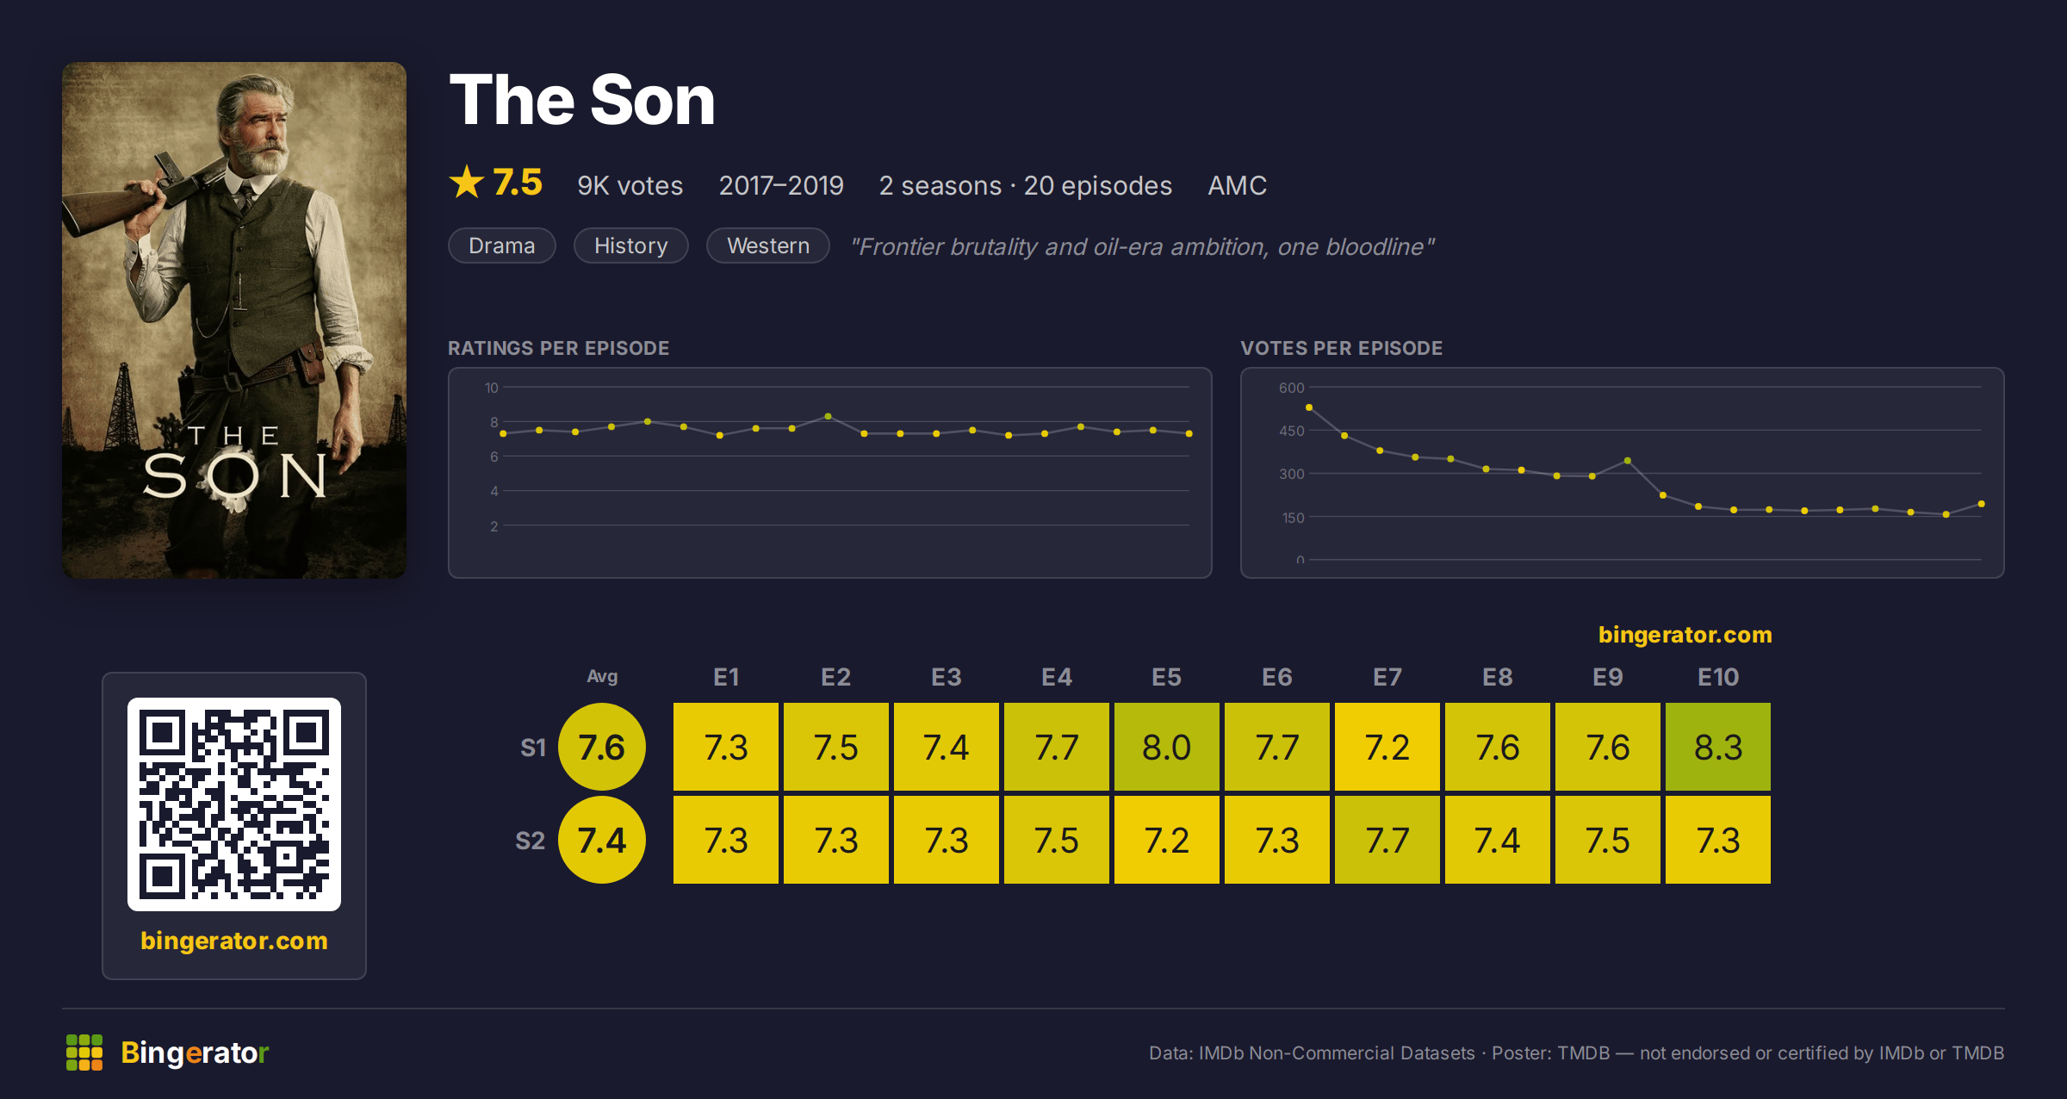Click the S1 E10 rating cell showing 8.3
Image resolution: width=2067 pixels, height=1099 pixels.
pos(1717,747)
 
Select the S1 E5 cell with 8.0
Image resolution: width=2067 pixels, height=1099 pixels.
pos(1166,747)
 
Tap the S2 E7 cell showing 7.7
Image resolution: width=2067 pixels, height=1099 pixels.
pos(1387,840)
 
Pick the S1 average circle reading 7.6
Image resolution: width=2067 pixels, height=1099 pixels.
pos(601,747)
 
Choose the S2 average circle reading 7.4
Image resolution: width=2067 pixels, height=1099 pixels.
pos(601,840)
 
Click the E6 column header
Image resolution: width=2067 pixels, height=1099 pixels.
pos(1276,677)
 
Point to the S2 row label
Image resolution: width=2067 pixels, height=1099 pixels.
pos(530,841)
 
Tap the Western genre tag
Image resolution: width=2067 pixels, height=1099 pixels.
pos(767,245)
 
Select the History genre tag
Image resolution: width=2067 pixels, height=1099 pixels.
pos(630,245)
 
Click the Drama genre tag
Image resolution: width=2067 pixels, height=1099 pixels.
pos(501,245)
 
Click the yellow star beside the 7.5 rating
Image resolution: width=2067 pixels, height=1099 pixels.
pos(467,182)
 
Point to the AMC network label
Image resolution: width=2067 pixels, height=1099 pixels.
pos(1237,185)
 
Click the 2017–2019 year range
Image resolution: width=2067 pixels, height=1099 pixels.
pos(780,185)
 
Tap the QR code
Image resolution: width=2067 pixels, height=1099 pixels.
pos(234,804)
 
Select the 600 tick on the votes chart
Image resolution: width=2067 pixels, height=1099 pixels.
pos(1291,388)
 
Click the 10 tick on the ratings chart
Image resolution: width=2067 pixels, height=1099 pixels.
pos(491,388)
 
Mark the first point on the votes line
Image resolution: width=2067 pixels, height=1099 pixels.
pos(1309,407)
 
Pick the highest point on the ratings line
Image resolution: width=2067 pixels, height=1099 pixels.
pos(828,416)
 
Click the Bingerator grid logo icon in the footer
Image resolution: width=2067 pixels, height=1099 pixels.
pos(84,1052)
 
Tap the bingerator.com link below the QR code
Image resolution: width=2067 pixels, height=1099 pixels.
pos(234,941)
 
